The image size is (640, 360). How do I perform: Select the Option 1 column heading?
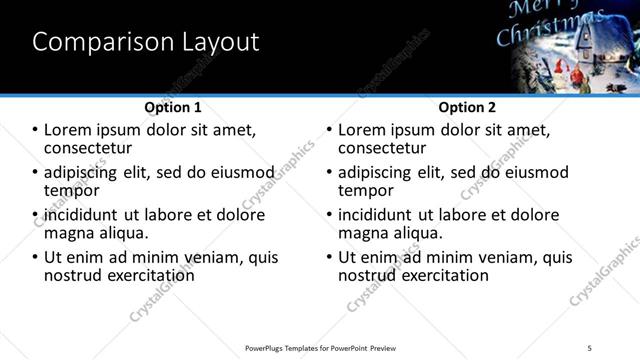click(x=173, y=107)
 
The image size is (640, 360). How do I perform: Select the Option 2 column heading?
click(x=467, y=107)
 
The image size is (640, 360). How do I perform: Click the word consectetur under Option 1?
click(x=89, y=149)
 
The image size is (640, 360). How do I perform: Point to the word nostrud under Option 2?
click(x=368, y=275)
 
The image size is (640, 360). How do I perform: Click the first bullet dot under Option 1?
click(x=36, y=131)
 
